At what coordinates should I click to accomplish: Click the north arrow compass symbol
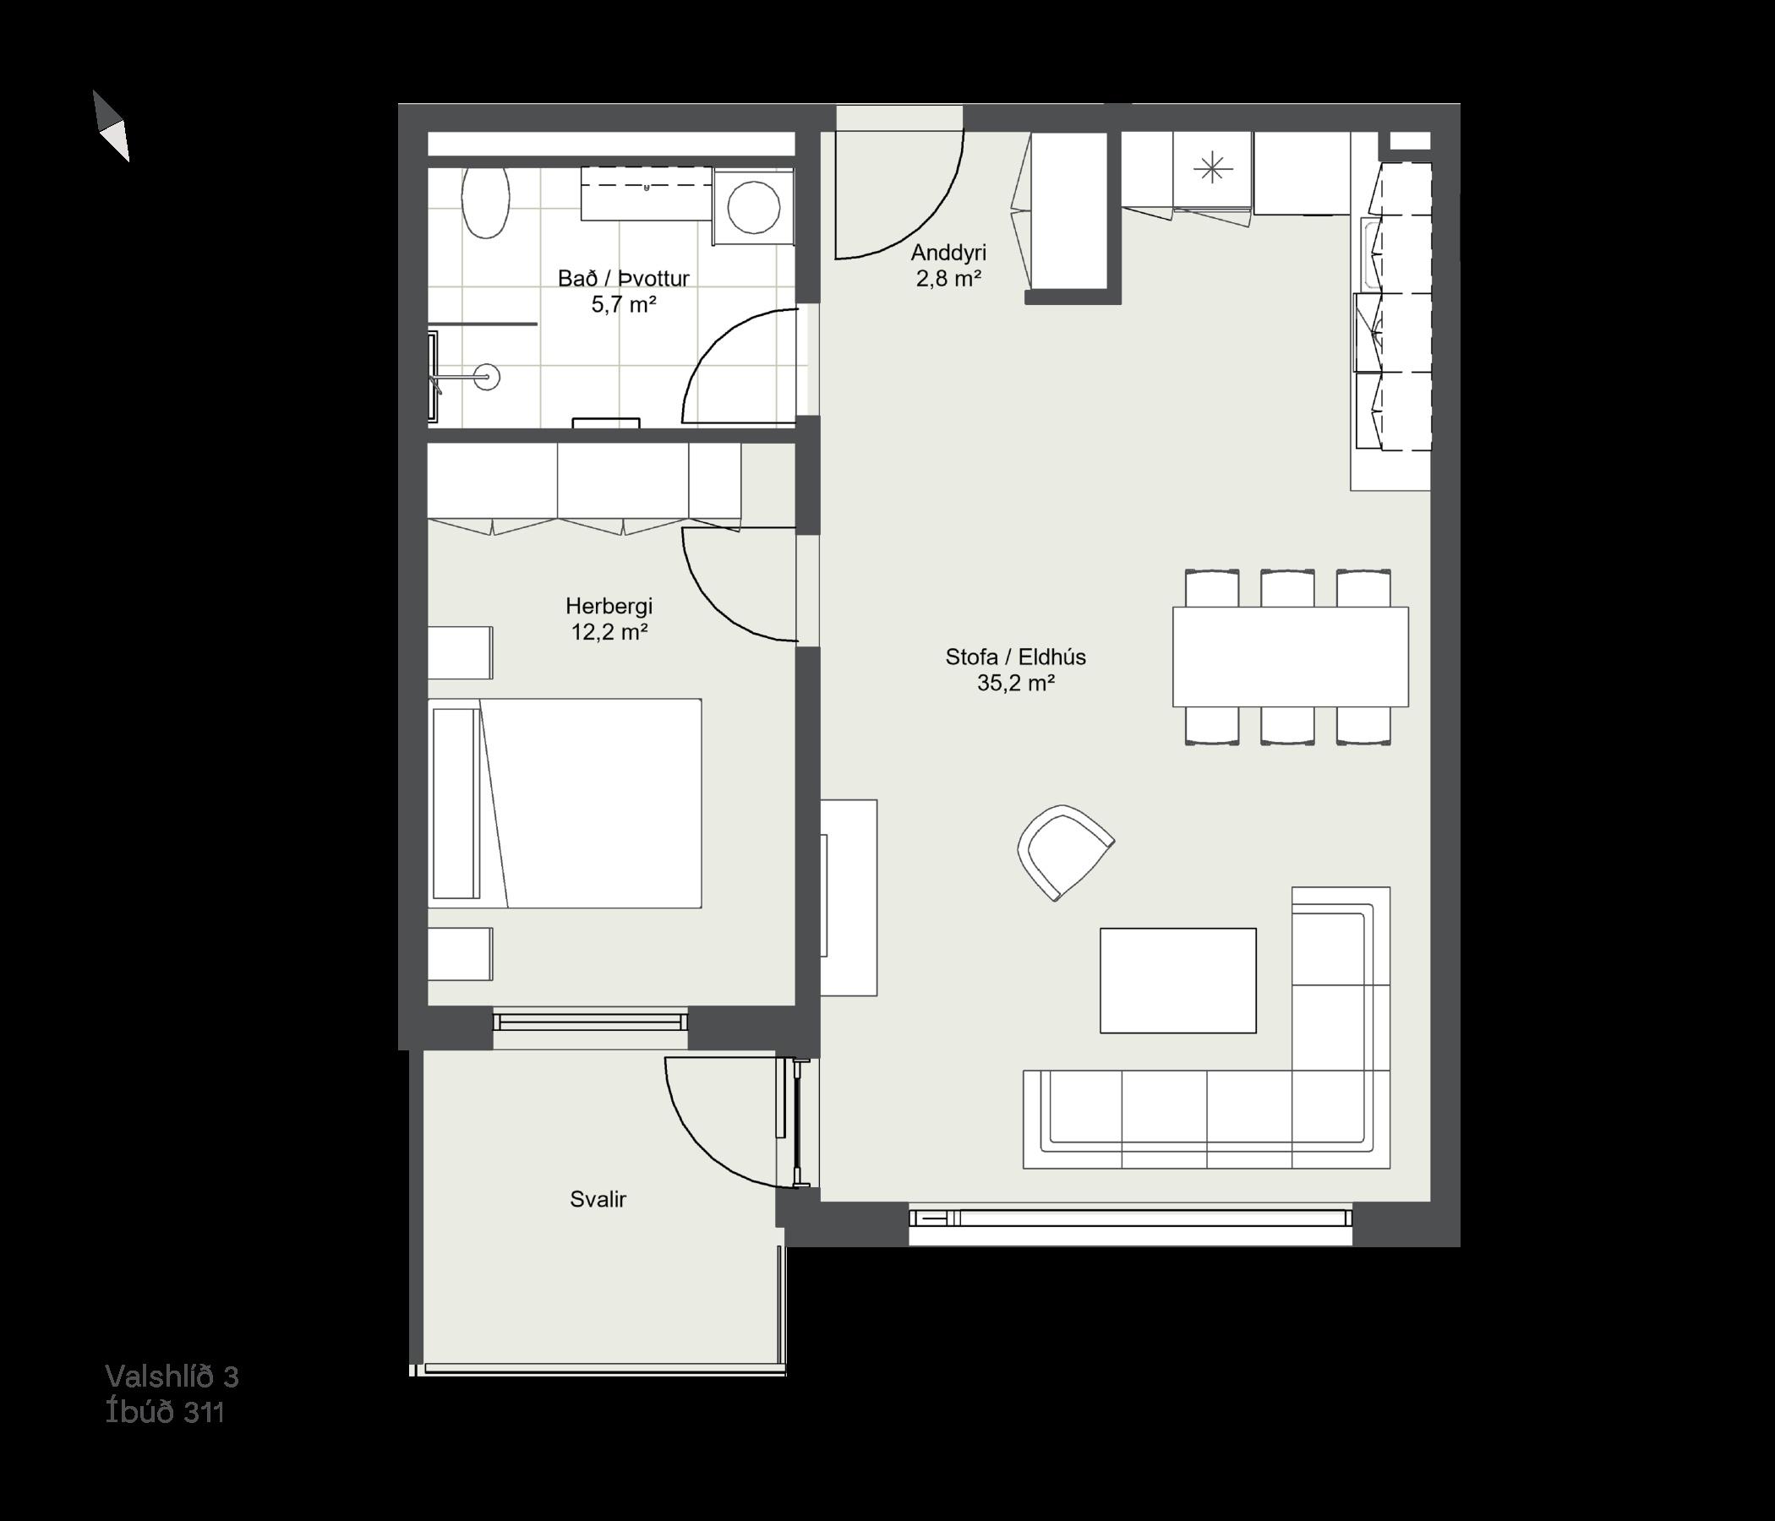112,126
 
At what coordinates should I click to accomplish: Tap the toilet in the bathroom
486,202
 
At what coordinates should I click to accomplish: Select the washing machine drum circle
753,207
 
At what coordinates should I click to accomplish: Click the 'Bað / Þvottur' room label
624,278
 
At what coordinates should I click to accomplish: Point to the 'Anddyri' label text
948,253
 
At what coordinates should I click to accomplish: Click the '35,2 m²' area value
1015,683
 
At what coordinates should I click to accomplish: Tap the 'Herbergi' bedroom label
609,607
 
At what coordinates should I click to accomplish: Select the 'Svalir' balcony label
598,1199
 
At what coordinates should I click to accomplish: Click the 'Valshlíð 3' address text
172,1377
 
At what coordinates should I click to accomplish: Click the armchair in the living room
1065,852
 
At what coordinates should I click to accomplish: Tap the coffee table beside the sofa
1178,980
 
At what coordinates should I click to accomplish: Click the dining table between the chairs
1290,657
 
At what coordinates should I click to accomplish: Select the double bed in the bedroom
565,804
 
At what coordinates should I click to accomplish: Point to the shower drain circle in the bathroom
488,376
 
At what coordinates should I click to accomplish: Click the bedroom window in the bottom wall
590,1022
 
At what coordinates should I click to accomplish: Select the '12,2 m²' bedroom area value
609,633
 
